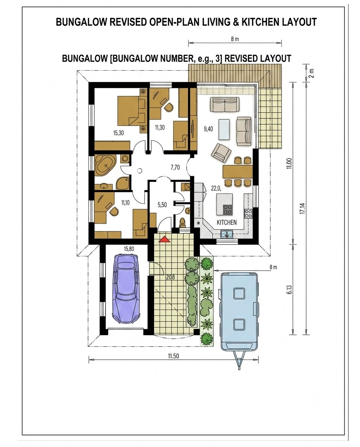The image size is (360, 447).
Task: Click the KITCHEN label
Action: tap(227, 223)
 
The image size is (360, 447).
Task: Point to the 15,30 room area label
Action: tap(118, 132)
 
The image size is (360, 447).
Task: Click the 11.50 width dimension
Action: tap(173, 356)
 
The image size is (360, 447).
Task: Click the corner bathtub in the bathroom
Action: tap(106, 165)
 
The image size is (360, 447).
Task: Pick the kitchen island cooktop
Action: tap(227, 210)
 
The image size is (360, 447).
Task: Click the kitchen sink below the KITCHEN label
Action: tap(227, 233)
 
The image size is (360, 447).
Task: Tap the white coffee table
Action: tap(224, 129)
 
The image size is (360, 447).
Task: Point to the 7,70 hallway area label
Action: tap(175, 167)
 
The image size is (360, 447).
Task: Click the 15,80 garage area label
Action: tap(129, 249)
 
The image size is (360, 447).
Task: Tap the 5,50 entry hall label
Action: tap(162, 205)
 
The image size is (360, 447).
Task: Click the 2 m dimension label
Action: tap(311, 73)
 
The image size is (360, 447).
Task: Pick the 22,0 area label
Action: tap(216, 188)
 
